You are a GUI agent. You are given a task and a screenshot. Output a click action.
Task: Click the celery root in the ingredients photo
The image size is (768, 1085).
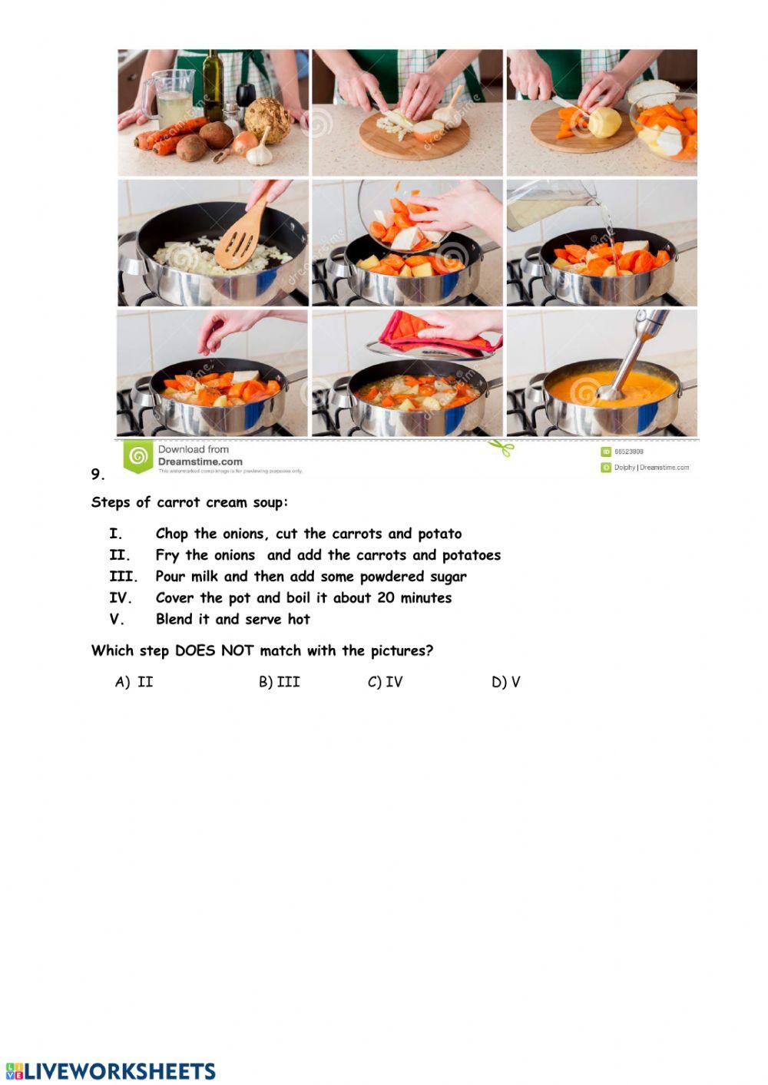(267, 120)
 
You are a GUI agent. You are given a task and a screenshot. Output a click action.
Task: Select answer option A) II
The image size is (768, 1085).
(134, 682)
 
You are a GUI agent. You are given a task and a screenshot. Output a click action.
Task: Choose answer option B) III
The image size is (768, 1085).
(279, 682)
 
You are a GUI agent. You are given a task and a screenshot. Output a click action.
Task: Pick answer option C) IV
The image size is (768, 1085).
(385, 682)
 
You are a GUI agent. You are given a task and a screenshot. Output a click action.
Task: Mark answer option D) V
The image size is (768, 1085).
(505, 682)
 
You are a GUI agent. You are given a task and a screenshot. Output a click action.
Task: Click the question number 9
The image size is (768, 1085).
(98, 475)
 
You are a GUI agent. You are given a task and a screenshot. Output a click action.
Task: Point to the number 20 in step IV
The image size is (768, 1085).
(386, 597)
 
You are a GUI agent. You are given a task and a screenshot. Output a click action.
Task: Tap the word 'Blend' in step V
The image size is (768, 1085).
(174, 619)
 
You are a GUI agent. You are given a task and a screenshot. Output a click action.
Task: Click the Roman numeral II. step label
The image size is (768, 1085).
(120, 555)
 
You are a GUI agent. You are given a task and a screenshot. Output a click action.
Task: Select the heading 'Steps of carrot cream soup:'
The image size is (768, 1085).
(190, 503)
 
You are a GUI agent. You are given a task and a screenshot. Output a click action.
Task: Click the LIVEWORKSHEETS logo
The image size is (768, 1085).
(111, 1071)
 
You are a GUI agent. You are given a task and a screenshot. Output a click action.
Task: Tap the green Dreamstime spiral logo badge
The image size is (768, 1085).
(138, 457)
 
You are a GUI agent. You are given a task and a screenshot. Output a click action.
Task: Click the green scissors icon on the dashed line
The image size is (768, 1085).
(502, 447)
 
